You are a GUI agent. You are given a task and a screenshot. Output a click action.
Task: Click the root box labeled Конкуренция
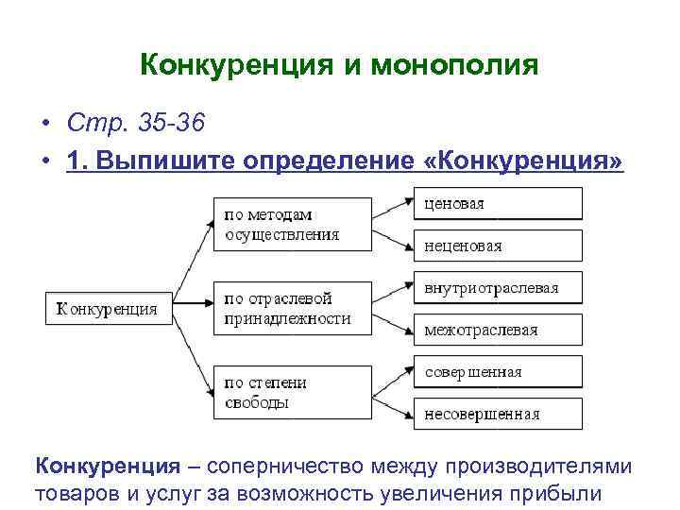[x=109, y=308]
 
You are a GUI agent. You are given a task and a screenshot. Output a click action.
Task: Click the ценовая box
[x=498, y=203]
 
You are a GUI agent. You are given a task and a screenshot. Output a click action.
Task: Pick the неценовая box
[x=498, y=246]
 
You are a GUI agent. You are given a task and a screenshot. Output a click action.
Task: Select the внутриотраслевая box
[x=498, y=288]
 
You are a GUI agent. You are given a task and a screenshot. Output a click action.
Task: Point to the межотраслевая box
[x=498, y=330]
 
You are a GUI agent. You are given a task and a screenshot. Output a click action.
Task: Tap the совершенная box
[x=498, y=371]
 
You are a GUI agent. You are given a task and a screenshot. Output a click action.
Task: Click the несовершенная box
[x=498, y=414]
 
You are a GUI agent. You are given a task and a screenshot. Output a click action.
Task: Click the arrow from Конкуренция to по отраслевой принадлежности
[x=193, y=305]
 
